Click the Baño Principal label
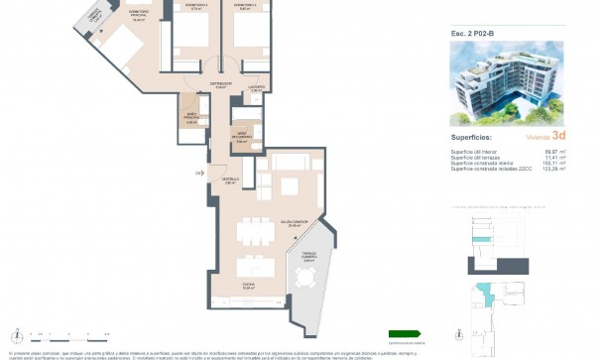192,120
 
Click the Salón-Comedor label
294,224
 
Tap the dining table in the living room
259,232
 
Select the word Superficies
472,139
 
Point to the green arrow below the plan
404,333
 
